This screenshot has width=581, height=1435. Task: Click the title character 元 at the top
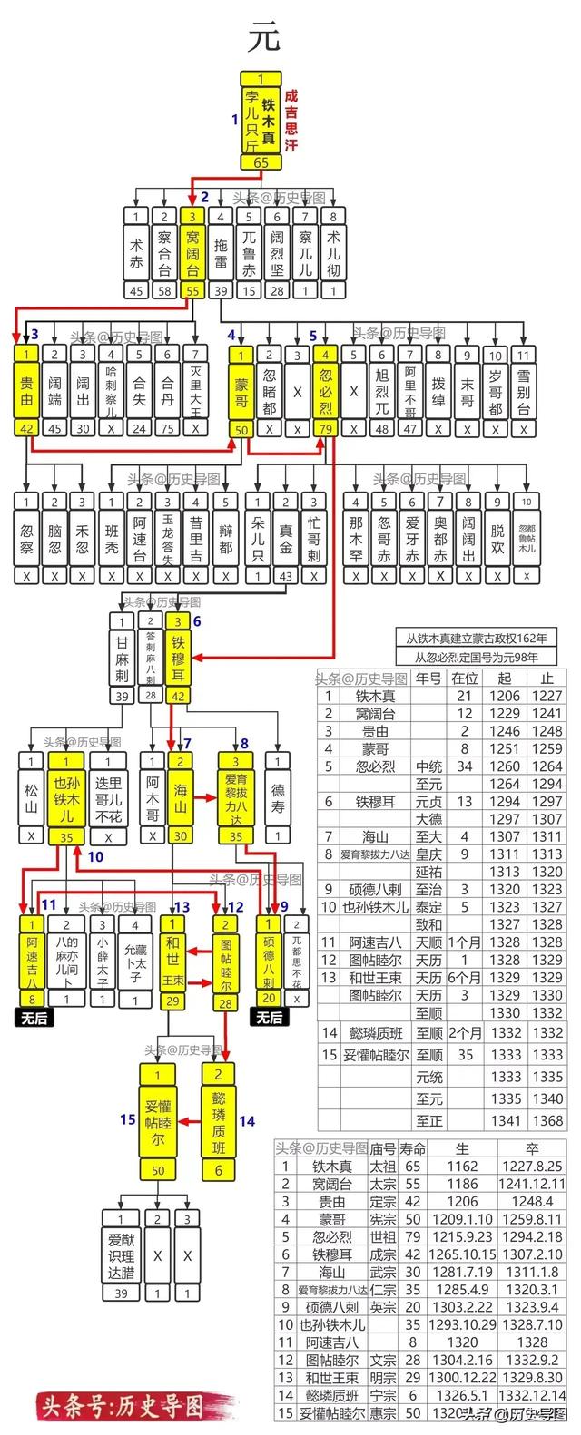pyautogui.click(x=264, y=37)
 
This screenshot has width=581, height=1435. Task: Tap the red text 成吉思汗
pyautogui.click(x=291, y=119)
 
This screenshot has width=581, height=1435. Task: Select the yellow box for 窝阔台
pyautogui.click(x=192, y=252)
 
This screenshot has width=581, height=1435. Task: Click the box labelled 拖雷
pyautogui.click(x=221, y=252)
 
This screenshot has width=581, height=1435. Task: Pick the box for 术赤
pyautogui.click(x=136, y=252)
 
